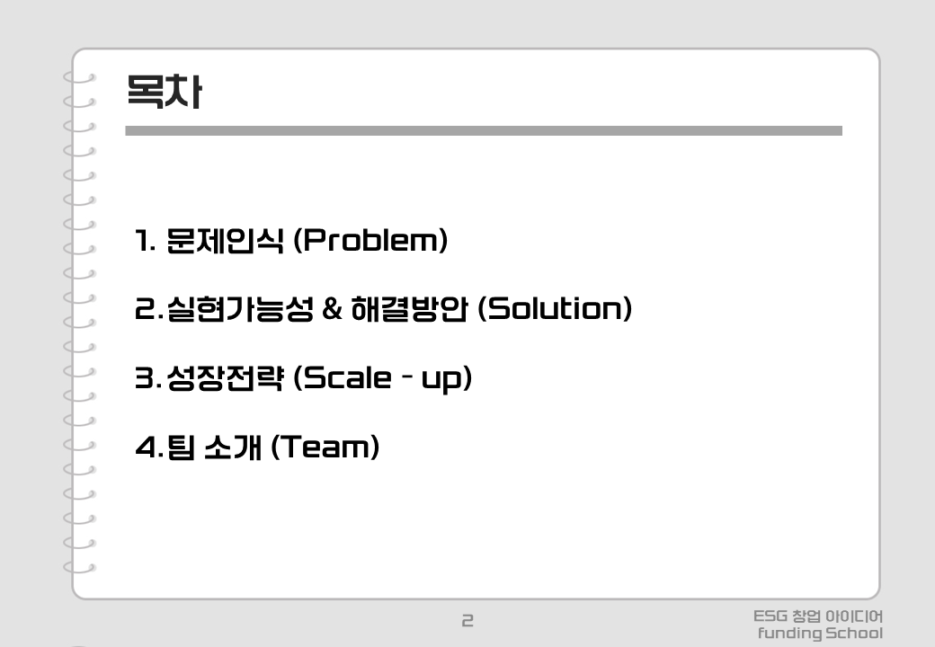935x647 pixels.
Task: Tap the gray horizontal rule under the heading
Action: pos(484,131)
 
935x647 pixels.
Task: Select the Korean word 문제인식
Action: pos(224,241)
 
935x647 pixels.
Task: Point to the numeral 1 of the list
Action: pos(143,241)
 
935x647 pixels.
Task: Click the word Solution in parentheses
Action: pos(556,308)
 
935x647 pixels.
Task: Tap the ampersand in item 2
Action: pos(332,308)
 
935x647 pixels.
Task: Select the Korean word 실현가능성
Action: pos(240,308)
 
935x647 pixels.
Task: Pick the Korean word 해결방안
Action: pos(409,308)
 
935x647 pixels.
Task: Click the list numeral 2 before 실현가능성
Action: pos(145,308)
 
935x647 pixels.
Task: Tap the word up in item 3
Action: pos(441,379)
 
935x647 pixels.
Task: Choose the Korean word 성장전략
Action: pos(225,377)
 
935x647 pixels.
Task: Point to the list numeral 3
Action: pos(145,377)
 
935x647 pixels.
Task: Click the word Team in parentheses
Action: pos(325,447)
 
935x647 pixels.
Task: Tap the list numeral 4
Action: pos(146,447)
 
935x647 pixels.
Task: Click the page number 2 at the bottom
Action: pos(467,621)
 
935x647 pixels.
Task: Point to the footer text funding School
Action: pos(820,634)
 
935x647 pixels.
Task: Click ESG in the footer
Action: pos(770,616)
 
